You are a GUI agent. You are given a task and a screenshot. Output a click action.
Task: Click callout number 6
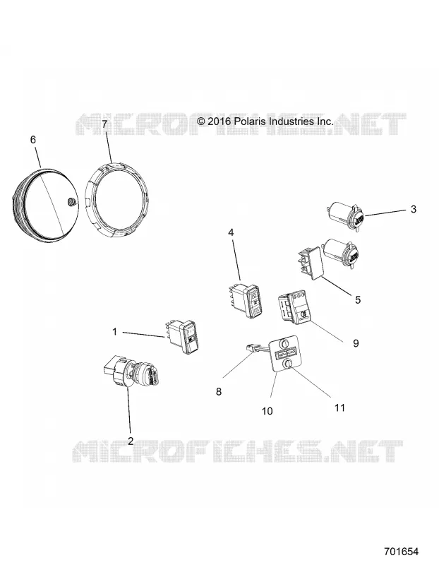tap(33, 139)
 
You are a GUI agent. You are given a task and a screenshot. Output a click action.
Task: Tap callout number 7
tap(104, 124)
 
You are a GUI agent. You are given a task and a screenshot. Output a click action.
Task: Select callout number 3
tap(414, 209)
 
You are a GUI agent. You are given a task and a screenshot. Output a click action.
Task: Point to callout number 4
tap(231, 232)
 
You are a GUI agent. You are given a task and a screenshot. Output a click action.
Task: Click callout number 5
tap(358, 299)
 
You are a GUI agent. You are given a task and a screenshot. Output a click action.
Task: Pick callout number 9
tap(356, 343)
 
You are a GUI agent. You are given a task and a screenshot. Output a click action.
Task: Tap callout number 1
tap(115, 331)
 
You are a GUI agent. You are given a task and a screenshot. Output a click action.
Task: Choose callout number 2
tap(131, 441)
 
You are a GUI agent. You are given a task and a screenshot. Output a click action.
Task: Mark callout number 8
tap(219, 391)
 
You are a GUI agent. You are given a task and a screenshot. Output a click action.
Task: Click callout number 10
tap(267, 411)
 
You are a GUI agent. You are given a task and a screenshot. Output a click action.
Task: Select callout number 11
tap(339, 408)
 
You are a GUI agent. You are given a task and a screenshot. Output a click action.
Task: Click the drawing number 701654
tap(401, 552)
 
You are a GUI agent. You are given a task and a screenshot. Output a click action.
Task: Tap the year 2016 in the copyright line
tap(219, 121)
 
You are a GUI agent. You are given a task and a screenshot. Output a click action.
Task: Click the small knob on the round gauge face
tap(71, 203)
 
